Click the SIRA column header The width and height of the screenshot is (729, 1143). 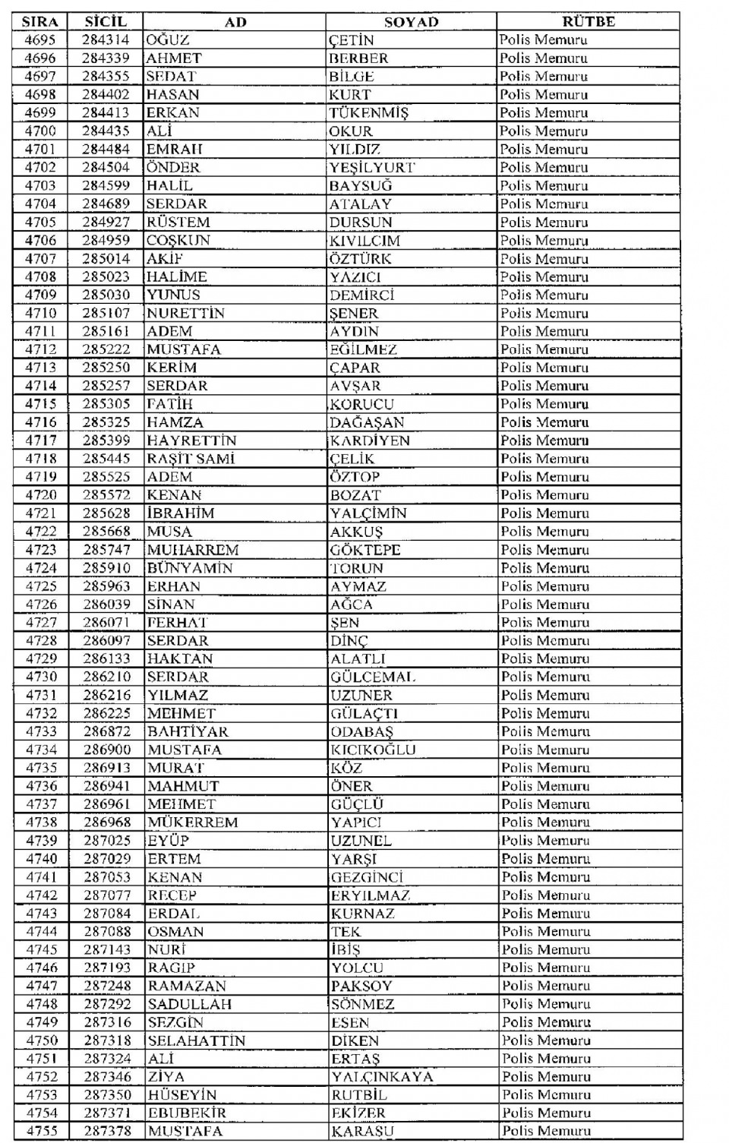click(40, 22)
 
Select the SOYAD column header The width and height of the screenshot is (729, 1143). click(411, 22)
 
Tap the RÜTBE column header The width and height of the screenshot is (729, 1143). click(588, 22)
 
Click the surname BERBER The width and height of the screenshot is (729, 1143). click(358, 58)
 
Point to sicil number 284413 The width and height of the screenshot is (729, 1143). click(106, 113)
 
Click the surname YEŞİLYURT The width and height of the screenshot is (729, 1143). click(372, 168)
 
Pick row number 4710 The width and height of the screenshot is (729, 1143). click(40, 313)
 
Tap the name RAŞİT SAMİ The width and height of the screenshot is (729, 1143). click(191, 459)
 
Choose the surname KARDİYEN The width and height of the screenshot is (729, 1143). click(370, 440)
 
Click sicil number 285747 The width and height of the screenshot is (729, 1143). click(106, 550)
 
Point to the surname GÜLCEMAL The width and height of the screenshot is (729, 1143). click(373, 677)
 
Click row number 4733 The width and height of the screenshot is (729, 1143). click(41, 731)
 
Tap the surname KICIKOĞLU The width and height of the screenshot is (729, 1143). click(373, 750)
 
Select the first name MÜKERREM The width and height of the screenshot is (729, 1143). click(193, 823)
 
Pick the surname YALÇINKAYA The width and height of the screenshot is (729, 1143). click(382, 1077)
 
